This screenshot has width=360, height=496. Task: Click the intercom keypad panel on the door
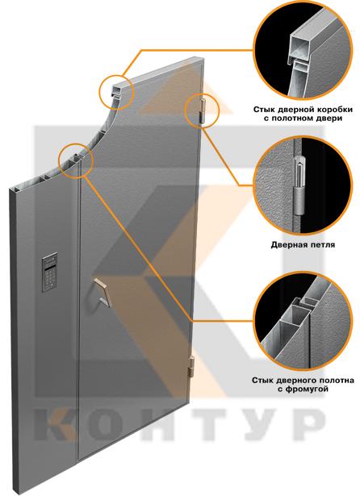(x=50, y=272)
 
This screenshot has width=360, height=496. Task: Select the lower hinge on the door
(x=191, y=367)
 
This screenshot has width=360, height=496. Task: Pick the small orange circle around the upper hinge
(x=202, y=110)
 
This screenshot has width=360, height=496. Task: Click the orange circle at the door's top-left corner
(x=116, y=92)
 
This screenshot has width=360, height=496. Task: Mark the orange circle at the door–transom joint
(x=75, y=160)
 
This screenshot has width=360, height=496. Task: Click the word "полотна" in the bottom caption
(x=329, y=380)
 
